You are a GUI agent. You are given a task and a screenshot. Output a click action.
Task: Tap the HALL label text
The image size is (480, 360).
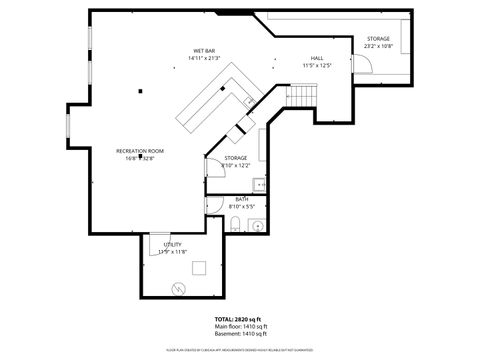pos(316,58)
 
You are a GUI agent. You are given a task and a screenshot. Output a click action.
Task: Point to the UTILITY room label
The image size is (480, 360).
pos(171,244)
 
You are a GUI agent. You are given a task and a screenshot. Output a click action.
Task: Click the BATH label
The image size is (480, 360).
pos(242,199)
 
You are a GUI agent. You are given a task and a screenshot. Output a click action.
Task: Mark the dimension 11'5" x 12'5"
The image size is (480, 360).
pos(316,66)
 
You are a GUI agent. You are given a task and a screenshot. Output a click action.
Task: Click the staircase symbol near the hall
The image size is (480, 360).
pos(303,95)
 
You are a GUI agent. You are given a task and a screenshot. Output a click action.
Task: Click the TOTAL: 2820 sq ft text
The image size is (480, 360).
pos(239,319)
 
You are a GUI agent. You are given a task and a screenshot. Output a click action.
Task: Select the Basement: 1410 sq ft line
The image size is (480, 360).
pos(240,334)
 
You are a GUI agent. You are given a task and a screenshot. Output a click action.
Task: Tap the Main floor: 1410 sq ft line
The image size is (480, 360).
pos(240,327)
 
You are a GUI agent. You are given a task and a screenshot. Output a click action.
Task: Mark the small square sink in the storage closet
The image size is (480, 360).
pos(258,183)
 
